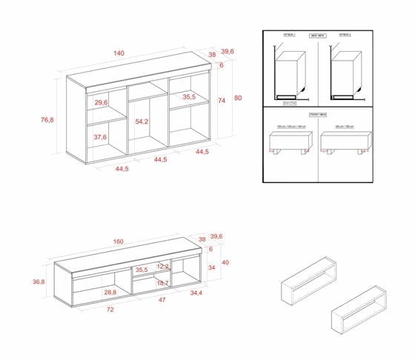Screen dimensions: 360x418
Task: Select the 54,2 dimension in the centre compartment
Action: (142, 121)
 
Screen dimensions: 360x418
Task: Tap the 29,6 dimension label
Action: (102, 102)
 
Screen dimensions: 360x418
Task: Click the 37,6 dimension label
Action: (100, 137)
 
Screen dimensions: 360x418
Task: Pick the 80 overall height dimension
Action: (238, 98)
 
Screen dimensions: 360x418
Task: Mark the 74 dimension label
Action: (222, 101)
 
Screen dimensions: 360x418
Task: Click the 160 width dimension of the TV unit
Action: (119, 241)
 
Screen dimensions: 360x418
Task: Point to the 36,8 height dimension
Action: (39, 281)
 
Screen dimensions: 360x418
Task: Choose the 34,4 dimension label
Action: (196, 294)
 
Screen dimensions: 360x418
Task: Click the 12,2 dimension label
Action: (163, 266)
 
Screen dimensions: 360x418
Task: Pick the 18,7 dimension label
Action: (163, 283)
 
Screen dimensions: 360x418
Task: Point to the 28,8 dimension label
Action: (110, 293)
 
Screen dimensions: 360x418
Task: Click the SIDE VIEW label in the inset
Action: (317, 35)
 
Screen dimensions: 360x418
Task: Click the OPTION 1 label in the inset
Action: (290, 35)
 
